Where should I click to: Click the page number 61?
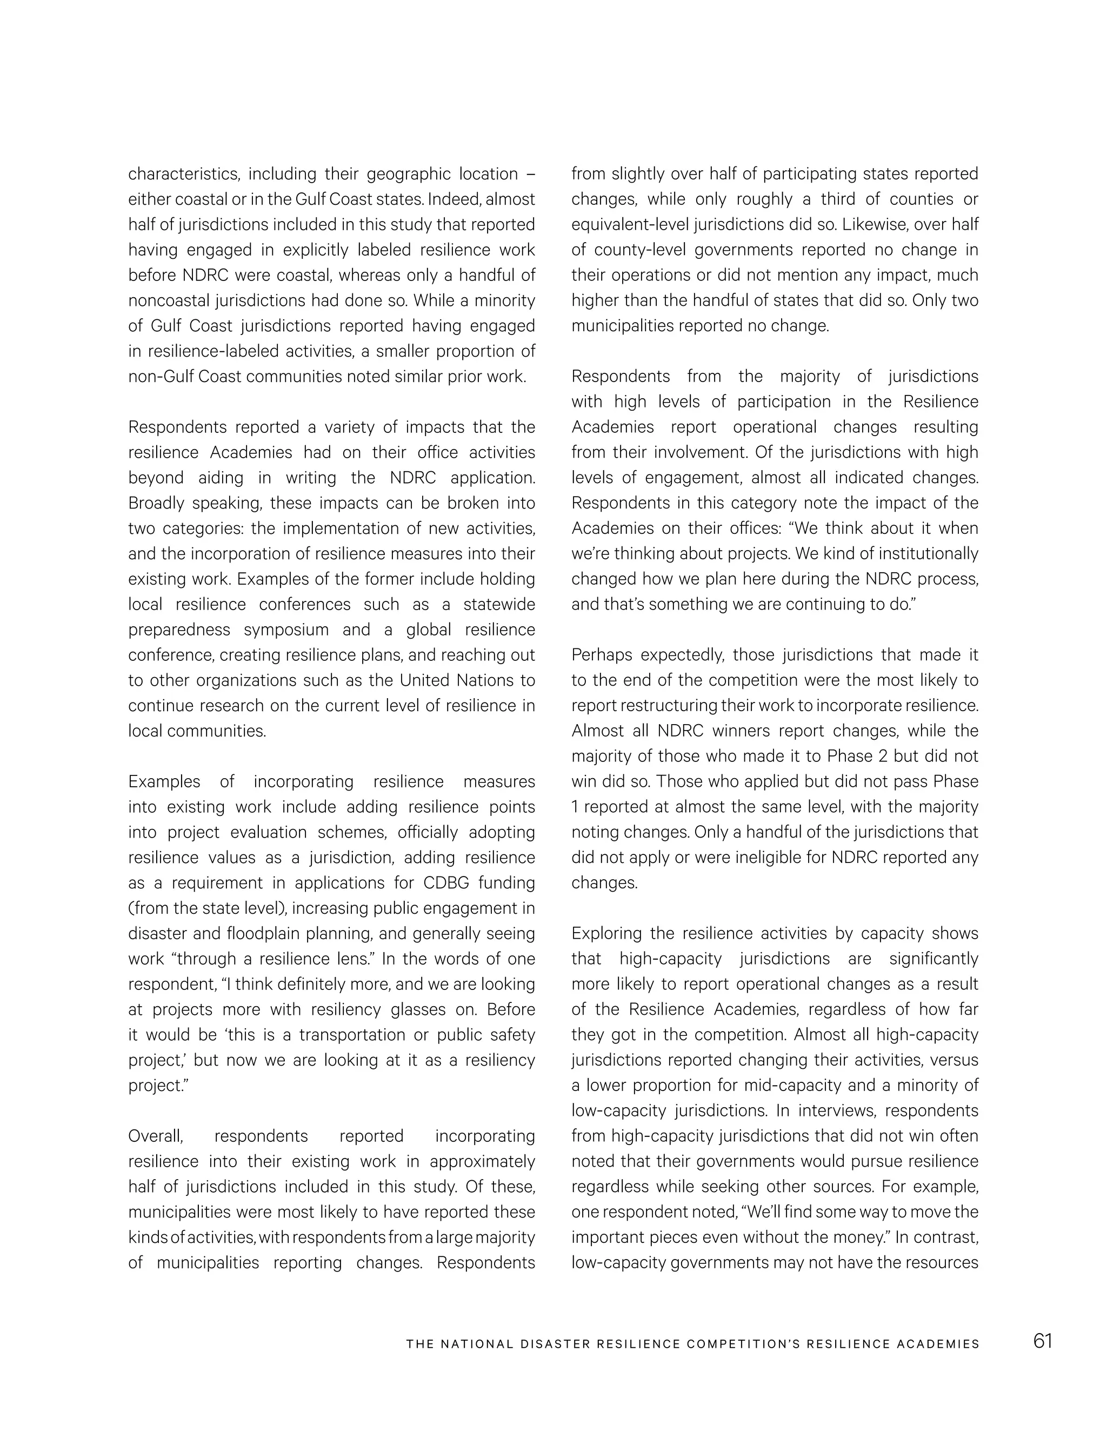click(1042, 1340)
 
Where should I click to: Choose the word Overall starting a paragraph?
click(156, 1136)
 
